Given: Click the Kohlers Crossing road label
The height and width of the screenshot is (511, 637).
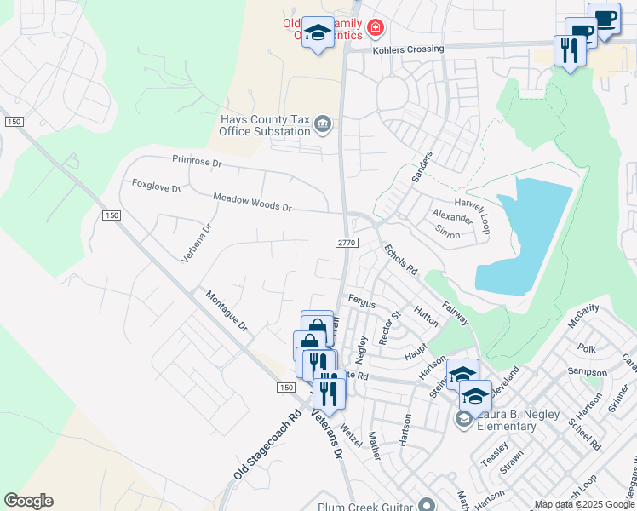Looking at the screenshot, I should tap(408, 49).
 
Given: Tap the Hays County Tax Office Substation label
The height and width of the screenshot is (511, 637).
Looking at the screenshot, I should tap(264, 126).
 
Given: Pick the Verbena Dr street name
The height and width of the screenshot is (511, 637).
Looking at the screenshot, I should tap(188, 244).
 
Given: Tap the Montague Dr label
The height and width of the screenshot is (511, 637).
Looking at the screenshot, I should tap(227, 311).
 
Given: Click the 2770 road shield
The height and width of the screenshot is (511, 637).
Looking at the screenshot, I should tap(346, 243).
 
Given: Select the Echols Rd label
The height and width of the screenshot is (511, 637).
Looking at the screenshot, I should tap(400, 259).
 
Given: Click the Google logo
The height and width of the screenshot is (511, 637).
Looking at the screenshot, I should tap(28, 501).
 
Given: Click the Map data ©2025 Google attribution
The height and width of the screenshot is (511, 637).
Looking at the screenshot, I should tap(584, 504).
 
